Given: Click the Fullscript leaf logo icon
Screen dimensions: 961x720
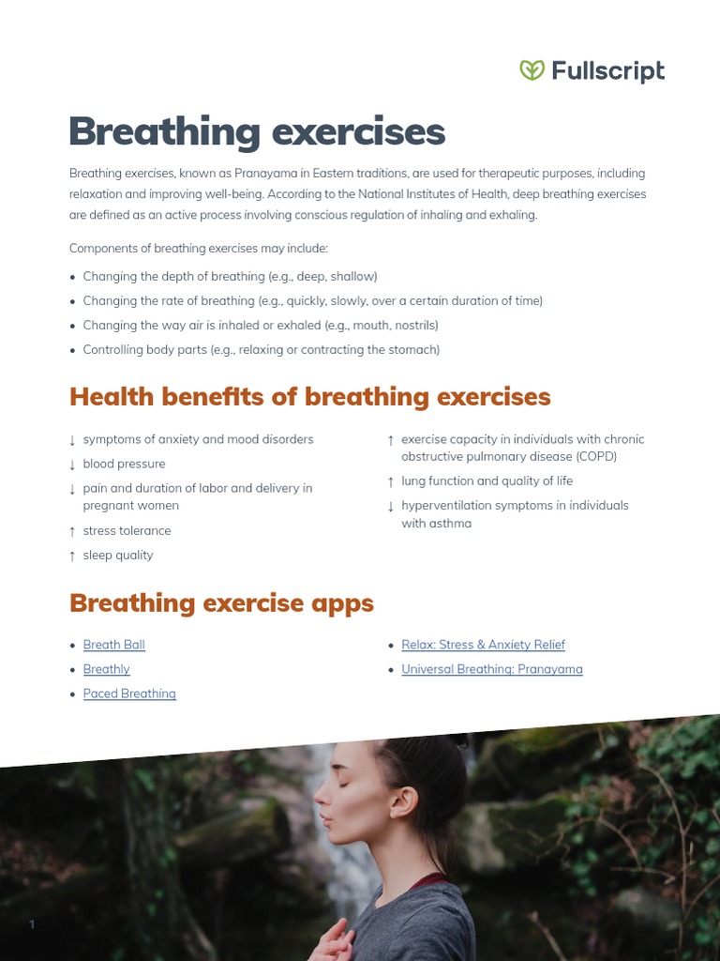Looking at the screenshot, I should (x=532, y=70).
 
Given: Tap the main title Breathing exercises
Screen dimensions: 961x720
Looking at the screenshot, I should (x=257, y=132).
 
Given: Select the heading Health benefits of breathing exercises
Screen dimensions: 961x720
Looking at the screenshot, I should (x=309, y=397).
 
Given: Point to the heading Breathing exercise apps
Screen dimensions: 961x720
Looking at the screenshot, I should (x=221, y=603).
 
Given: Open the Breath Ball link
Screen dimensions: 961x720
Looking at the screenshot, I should (x=113, y=645).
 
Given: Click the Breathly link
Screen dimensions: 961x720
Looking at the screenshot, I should (x=106, y=669).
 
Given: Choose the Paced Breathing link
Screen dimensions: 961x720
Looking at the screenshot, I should (x=129, y=694).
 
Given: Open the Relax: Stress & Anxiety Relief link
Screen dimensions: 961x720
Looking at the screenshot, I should (x=483, y=645).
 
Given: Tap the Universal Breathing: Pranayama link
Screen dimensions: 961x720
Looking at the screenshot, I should (x=492, y=669).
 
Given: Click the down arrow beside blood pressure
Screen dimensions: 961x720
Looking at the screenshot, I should (x=72, y=465).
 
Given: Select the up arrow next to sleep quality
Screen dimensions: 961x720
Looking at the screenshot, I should (x=72, y=556).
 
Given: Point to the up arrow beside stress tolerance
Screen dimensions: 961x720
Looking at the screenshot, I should (x=72, y=531).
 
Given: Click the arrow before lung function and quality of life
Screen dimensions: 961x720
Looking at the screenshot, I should (x=391, y=481).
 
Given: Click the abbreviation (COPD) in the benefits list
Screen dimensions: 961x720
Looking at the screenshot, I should (x=590, y=457).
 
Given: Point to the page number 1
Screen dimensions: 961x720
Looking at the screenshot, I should (x=32, y=924).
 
